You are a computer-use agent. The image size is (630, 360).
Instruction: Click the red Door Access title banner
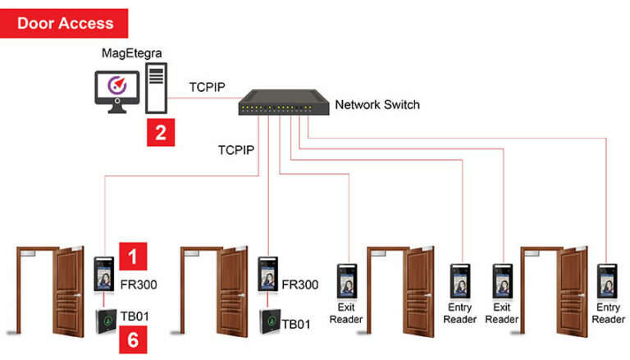65,23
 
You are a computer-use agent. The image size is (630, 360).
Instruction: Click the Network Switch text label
377,104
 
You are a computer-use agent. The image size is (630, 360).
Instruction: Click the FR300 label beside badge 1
139,285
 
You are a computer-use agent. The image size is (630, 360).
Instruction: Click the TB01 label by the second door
296,324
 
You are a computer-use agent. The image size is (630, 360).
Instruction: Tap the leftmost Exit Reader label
345,313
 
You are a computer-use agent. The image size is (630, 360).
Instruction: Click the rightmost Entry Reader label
608,313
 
